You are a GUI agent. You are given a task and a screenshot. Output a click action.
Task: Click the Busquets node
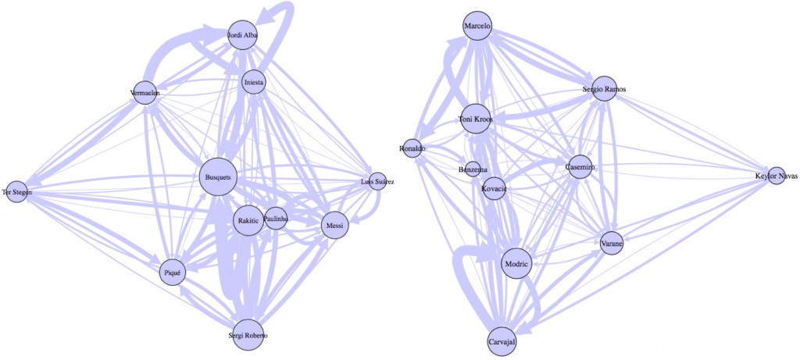click(x=217, y=177)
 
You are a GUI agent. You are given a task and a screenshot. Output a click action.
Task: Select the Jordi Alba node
click(x=241, y=34)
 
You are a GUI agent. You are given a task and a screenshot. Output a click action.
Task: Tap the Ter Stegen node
click(x=16, y=193)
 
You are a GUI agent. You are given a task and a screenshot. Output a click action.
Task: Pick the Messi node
click(x=334, y=226)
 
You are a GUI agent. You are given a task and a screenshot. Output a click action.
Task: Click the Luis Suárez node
click(x=377, y=182)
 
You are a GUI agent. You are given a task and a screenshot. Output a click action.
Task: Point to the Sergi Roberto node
click(x=247, y=335)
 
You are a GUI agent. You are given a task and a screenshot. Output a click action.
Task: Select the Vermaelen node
click(x=146, y=94)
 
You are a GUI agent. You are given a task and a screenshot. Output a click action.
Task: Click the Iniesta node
click(x=254, y=82)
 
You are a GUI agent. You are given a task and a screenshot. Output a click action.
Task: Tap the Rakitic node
click(x=248, y=221)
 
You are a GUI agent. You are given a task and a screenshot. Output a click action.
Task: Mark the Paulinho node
click(x=276, y=219)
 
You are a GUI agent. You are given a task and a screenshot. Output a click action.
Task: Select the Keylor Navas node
click(x=776, y=176)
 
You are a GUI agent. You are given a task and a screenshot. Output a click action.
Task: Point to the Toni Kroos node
click(x=476, y=119)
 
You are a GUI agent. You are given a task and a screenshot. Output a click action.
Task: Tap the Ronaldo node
click(x=412, y=148)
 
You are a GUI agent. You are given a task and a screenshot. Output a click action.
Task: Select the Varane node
click(x=612, y=244)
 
